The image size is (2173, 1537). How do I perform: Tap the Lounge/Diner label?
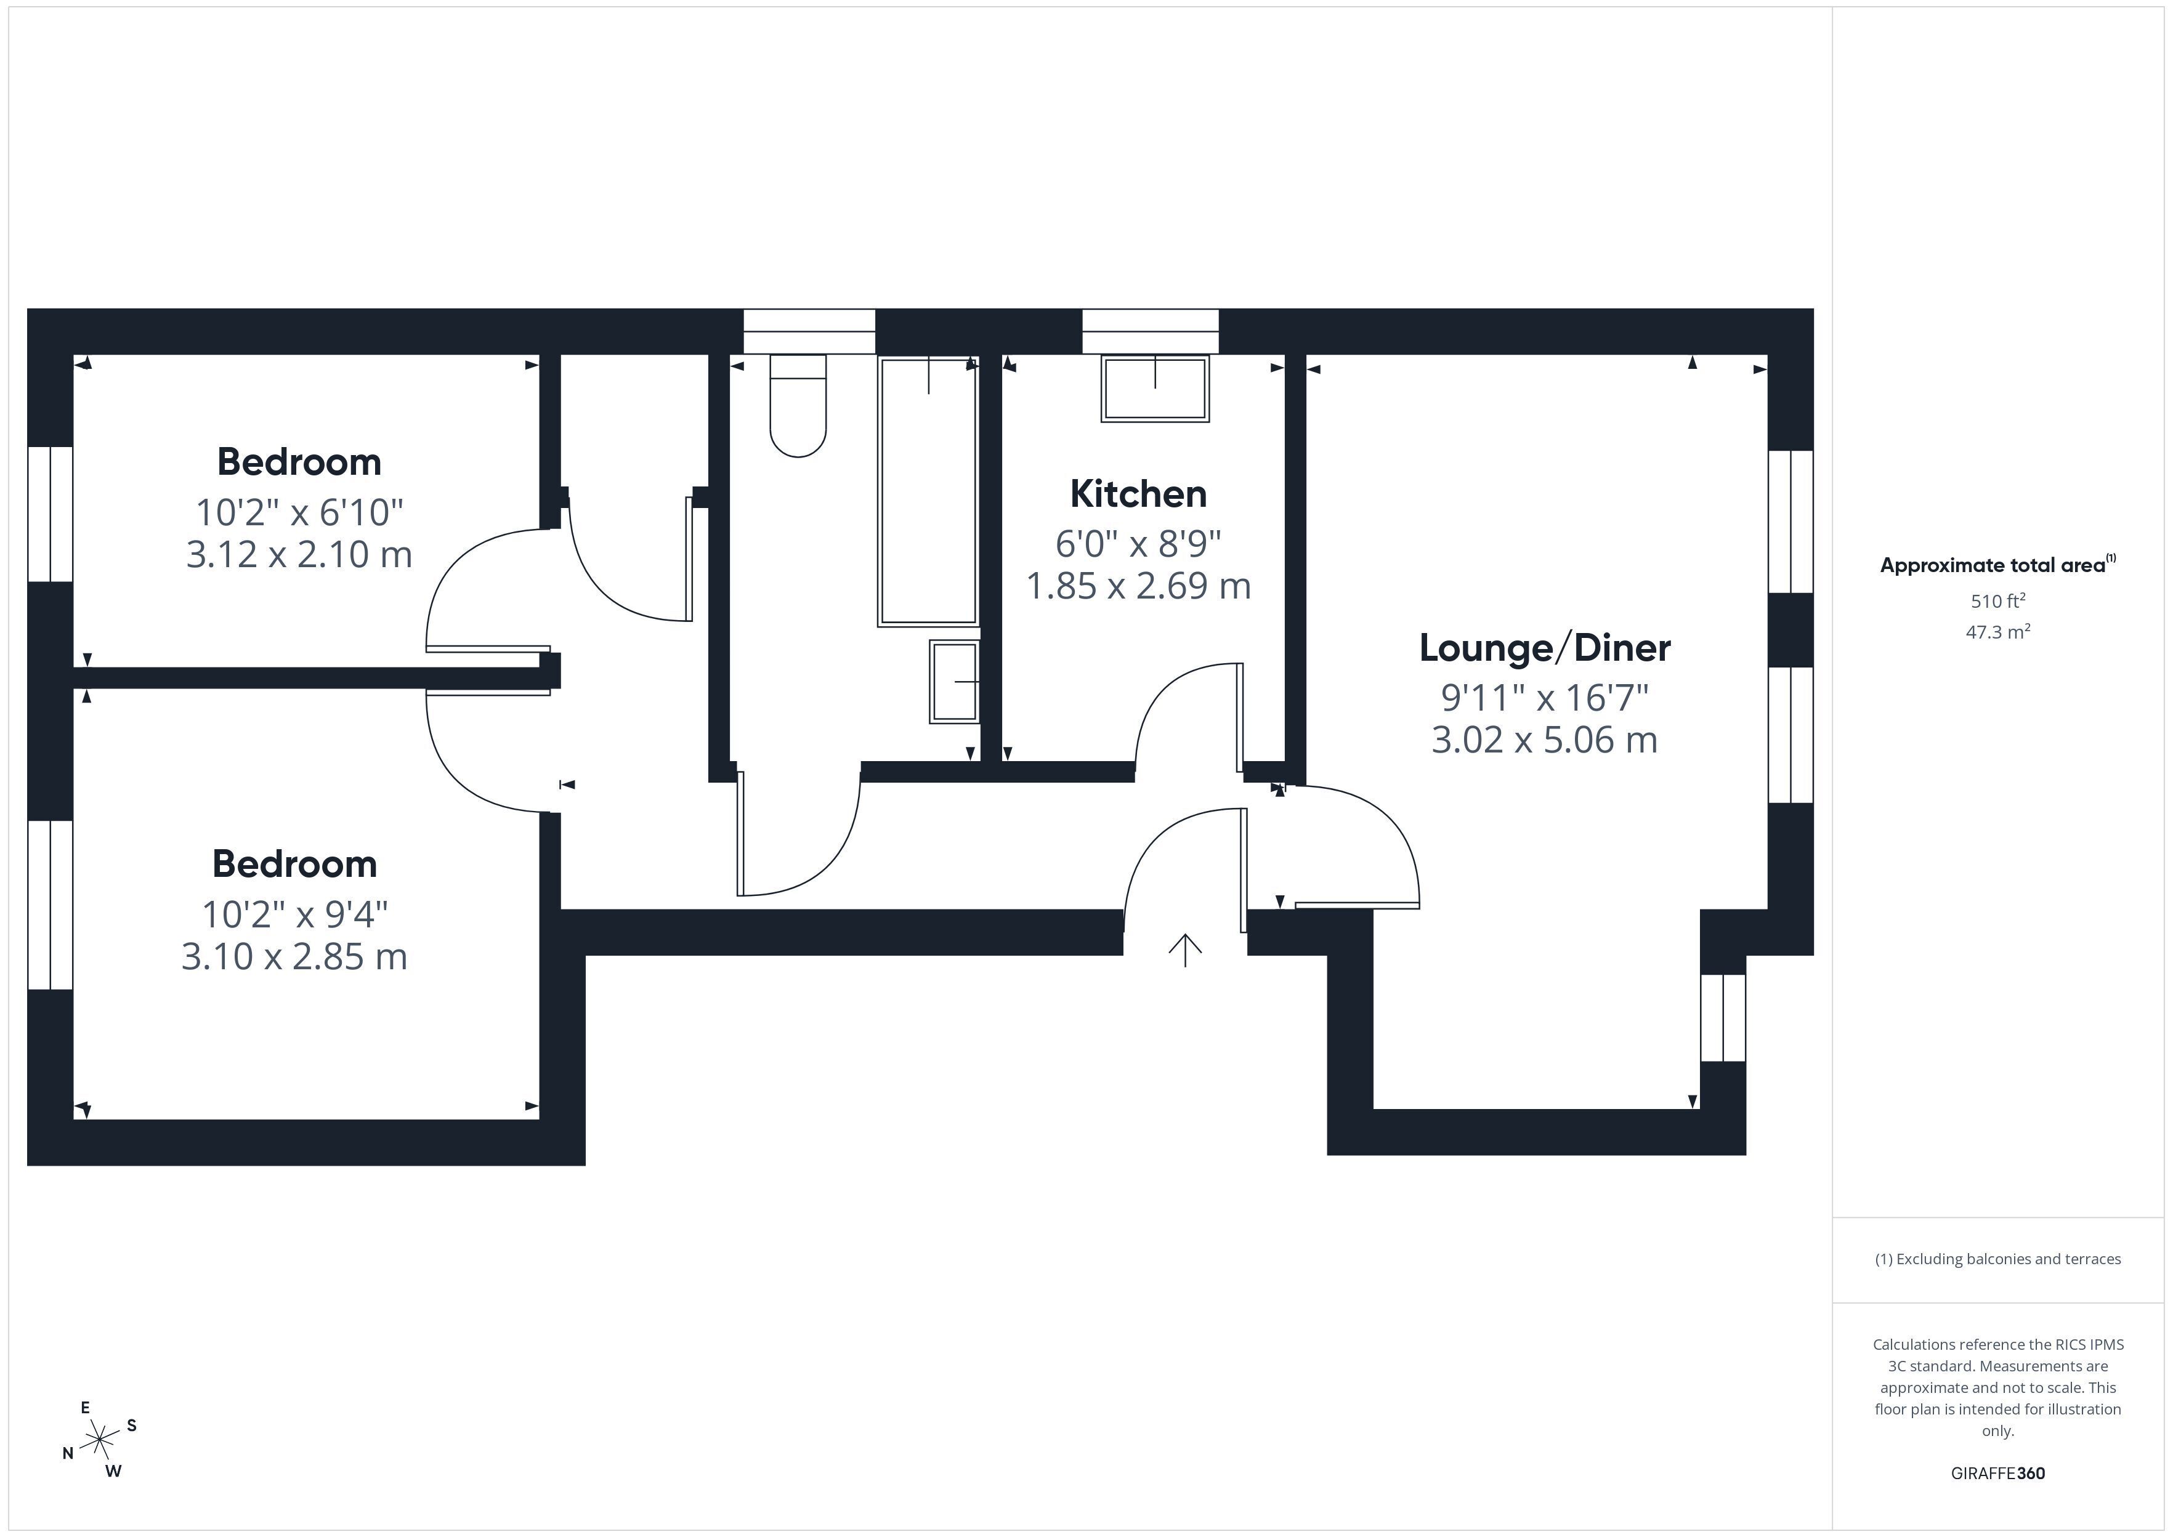point(1545,648)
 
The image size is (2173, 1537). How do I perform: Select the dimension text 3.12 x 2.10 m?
point(299,554)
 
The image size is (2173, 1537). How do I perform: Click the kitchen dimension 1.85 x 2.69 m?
point(1139,586)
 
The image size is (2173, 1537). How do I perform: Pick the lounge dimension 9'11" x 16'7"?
point(1545,698)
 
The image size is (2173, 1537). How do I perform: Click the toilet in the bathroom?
point(798,406)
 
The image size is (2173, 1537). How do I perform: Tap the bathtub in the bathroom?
point(928,490)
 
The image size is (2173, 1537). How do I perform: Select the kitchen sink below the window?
point(1155,388)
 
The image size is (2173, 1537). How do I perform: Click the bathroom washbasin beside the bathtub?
point(954,682)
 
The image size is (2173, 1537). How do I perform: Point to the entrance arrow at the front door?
point(1185,950)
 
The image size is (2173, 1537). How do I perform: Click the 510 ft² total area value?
point(1998,600)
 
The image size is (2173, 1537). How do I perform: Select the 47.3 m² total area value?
point(1998,631)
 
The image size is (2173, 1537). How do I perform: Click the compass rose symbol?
point(99,1440)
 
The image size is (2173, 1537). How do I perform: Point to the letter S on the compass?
point(132,1426)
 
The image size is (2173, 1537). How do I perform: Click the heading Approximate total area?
point(1998,565)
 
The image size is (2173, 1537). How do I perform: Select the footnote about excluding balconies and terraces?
point(1998,1259)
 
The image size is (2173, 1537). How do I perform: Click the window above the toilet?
point(809,331)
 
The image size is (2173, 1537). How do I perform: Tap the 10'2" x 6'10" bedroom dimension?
point(299,512)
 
